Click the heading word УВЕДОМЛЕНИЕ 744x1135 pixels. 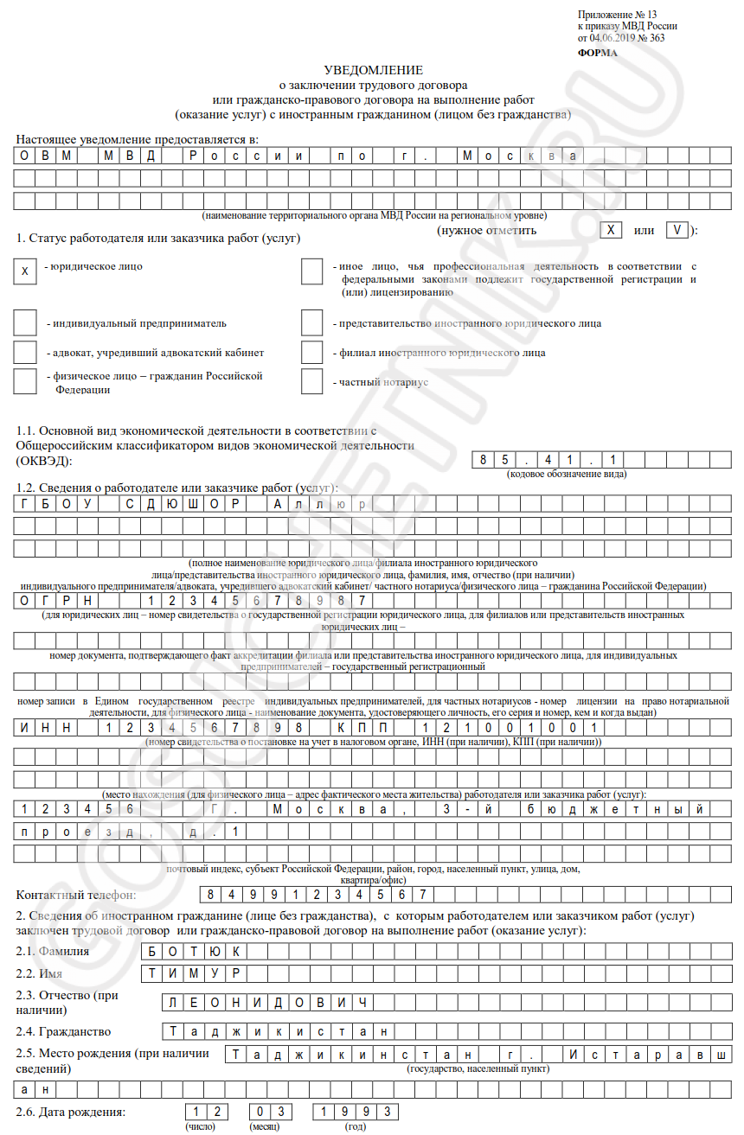coord(373,69)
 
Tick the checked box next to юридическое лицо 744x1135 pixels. coord(24,271)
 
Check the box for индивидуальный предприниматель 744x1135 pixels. coord(24,322)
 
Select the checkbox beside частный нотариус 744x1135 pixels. coord(311,381)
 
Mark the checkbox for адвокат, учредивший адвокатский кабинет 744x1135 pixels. coord(24,352)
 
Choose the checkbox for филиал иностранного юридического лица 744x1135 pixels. coord(311,352)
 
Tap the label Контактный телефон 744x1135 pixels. coord(77,895)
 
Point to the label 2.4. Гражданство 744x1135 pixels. coord(63,1031)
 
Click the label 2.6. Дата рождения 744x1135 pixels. coord(70,1112)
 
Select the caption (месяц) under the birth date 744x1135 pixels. coord(263,1126)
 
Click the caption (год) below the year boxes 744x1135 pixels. coord(356,1126)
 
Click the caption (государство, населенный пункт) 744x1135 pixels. coord(478,1068)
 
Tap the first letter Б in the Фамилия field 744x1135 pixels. coord(152,952)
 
